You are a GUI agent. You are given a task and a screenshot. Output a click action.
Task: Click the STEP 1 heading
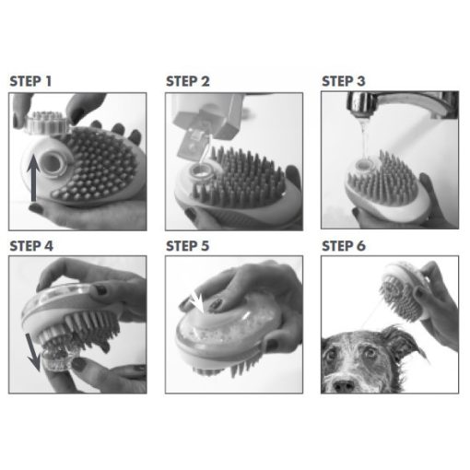[30, 81]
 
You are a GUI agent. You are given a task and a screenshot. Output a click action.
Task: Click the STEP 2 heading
[188, 81]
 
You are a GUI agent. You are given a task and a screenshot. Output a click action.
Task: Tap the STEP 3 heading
[344, 81]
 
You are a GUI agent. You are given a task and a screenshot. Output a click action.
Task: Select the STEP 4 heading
[31, 246]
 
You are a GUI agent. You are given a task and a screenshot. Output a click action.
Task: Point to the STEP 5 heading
[188, 246]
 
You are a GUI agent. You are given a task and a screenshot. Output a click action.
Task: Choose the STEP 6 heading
[344, 246]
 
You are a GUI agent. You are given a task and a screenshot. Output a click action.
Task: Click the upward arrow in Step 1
[33, 178]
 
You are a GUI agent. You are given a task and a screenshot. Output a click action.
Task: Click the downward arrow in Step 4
[33, 352]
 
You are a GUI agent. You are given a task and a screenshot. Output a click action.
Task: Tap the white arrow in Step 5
[196, 302]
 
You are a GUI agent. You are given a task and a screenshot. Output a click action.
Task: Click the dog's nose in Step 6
[344, 386]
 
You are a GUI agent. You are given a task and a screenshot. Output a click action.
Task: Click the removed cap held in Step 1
[45, 123]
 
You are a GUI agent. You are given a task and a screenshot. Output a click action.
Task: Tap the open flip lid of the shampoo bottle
[190, 144]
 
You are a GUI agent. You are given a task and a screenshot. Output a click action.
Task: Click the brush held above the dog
[403, 291]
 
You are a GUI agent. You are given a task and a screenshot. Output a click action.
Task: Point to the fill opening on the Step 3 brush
[364, 165]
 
